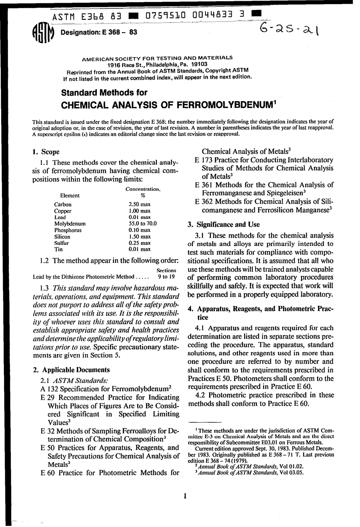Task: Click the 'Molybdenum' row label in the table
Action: tap(70, 224)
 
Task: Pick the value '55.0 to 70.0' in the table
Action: tap(142, 224)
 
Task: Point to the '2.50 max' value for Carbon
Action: tap(139, 204)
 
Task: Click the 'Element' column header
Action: tap(70, 196)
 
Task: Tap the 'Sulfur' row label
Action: tap(62, 243)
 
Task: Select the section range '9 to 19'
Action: tap(166, 276)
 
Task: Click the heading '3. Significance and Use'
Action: tap(224, 224)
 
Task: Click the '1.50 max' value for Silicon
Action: tap(139, 237)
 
